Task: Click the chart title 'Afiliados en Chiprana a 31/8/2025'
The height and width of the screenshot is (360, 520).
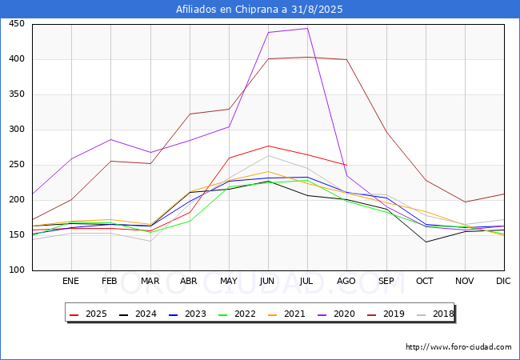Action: pos(260,10)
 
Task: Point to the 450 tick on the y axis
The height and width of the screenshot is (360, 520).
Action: pos(16,24)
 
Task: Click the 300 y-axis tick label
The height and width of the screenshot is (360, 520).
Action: pos(16,130)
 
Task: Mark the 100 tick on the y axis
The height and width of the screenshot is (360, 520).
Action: pos(16,270)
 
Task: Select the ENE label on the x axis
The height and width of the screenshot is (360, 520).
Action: pos(71,282)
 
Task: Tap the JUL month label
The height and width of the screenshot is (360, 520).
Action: pos(307,282)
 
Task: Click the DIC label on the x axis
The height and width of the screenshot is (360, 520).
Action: pos(503,282)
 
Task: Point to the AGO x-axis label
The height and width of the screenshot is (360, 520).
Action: pos(346,282)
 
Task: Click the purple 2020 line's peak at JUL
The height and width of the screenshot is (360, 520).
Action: pos(307,28)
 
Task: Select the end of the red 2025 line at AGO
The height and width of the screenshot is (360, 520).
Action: pos(346,165)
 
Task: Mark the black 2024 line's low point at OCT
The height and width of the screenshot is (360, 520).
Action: pos(425,242)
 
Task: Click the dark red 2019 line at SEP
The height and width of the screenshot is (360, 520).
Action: pos(386,131)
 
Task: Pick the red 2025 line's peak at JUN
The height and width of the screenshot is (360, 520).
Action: pos(268,146)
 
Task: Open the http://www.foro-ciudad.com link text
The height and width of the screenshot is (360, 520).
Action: pos(458,347)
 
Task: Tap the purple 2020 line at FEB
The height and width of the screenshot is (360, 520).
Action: pos(110,139)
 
